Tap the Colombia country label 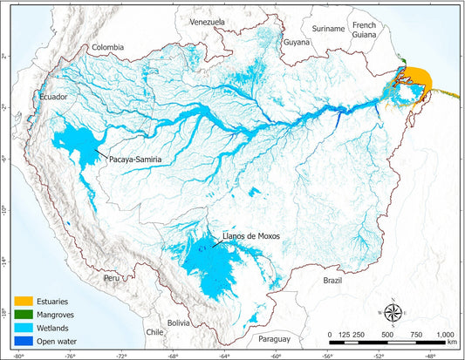pyautogui.click(x=106, y=48)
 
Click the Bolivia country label pyautogui.click(x=179, y=323)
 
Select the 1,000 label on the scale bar pyautogui.click(x=445, y=335)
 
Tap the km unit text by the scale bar pyautogui.click(x=450, y=344)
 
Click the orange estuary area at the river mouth pyautogui.click(x=418, y=80)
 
